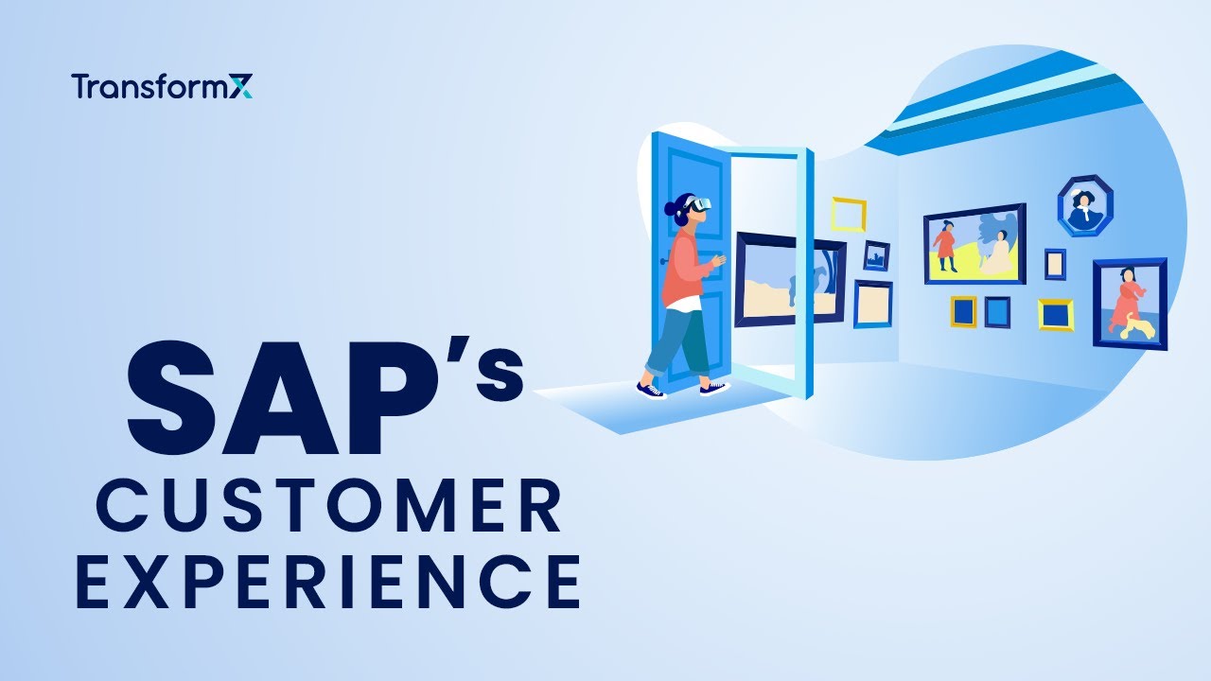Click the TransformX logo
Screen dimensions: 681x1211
[x=162, y=87]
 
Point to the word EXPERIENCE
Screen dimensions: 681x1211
[x=327, y=582]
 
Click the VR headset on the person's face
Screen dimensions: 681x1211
[x=701, y=204]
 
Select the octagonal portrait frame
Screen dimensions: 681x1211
[x=1084, y=205]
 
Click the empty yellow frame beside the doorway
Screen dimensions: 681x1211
[x=849, y=214]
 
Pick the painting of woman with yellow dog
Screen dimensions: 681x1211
[x=1130, y=304]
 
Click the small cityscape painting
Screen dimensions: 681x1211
[x=876, y=255]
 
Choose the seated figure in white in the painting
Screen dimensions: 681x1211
[x=995, y=253]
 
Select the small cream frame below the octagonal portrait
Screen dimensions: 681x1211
[x=1055, y=264]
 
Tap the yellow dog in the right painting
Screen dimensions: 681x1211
[x=1139, y=327]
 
